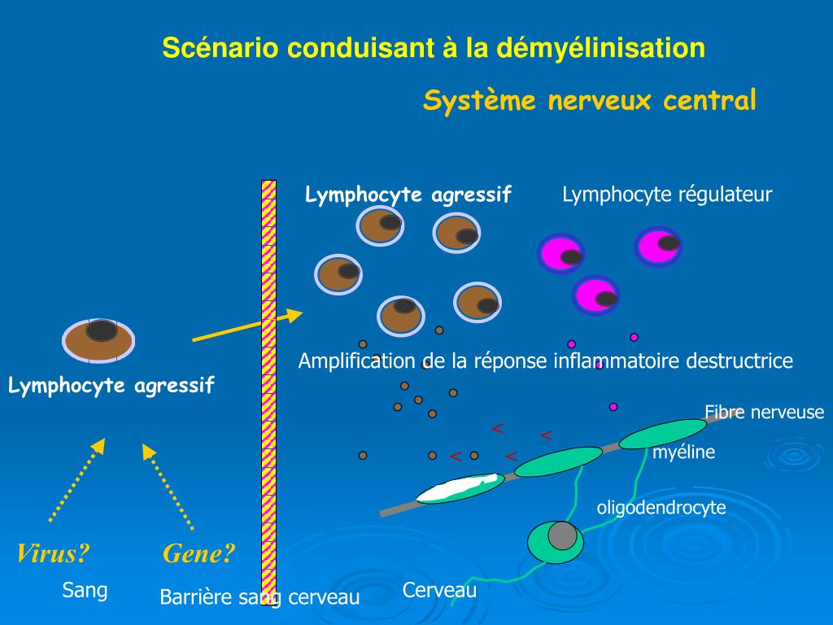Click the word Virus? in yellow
pyautogui.click(x=53, y=554)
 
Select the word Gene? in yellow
pyautogui.click(x=198, y=554)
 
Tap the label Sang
pyautogui.click(x=85, y=590)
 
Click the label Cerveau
pyautogui.click(x=439, y=591)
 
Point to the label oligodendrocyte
pyautogui.click(x=661, y=508)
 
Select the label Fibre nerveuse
pyautogui.click(x=764, y=412)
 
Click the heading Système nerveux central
pyautogui.click(x=590, y=101)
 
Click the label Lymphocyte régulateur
pyautogui.click(x=667, y=194)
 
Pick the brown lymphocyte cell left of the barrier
pyautogui.click(x=98, y=340)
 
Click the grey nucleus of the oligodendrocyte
pyautogui.click(x=562, y=535)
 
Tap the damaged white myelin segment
pyautogui.click(x=457, y=488)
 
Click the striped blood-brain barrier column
pyautogui.click(x=268, y=391)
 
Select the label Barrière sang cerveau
pyautogui.click(x=259, y=597)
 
